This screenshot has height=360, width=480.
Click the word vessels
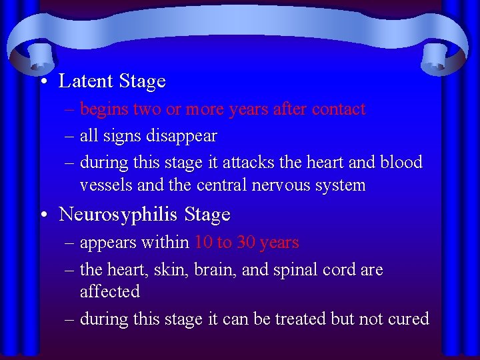pyautogui.click(x=106, y=185)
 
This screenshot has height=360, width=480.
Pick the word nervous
pyautogui.click(x=281, y=185)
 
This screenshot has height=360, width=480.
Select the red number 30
pyautogui.click(x=245, y=243)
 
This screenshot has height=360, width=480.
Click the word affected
pyautogui.click(x=109, y=292)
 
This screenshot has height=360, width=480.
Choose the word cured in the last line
pyautogui.click(x=409, y=319)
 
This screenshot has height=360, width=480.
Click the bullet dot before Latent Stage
pyautogui.click(x=43, y=82)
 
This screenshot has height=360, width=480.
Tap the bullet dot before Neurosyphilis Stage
pyautogui.click(x=43, y=215)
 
